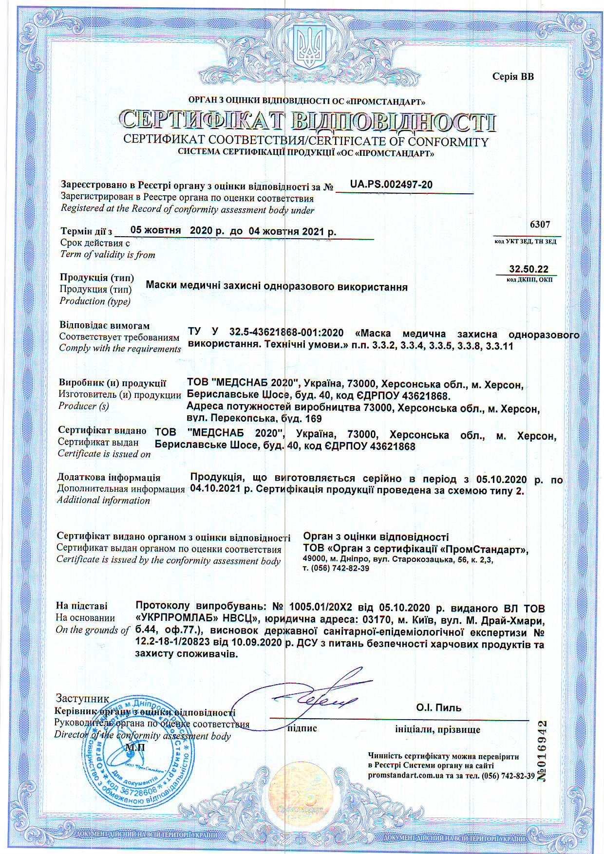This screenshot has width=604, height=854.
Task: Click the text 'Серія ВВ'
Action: click(x=513, y=76)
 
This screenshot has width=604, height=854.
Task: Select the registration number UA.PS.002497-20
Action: click(x=391, y=185)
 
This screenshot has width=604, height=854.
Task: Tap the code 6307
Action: click(x=540, y=224)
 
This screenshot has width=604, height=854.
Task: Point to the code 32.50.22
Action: click(x=528, y=269)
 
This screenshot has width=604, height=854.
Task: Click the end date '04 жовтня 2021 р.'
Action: click(x=292, y=231)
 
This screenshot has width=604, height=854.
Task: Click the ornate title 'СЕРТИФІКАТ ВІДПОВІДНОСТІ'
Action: click(x=307, y=121)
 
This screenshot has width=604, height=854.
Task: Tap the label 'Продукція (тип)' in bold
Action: click(x=96, y=278)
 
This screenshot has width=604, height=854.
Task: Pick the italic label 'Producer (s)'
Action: click(x=83, y=406)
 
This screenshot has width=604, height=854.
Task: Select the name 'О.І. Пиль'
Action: click(x=438, y=707)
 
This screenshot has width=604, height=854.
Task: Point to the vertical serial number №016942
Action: click(x=542, y=752)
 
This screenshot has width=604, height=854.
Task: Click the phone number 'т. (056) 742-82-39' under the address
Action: click(x=336, y=568)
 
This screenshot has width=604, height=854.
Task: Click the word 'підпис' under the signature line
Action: click(x=302, y=728)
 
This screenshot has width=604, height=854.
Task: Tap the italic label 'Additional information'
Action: click(x=103, y=500)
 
